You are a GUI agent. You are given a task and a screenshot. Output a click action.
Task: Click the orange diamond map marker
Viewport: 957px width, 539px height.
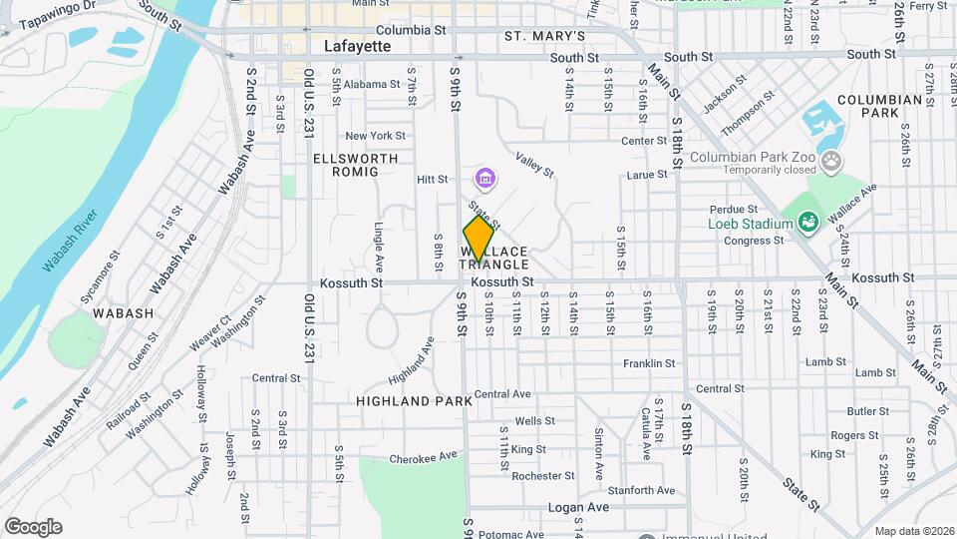pos(478,239)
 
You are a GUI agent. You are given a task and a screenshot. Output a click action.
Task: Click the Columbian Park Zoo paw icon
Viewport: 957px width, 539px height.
pos(830,161)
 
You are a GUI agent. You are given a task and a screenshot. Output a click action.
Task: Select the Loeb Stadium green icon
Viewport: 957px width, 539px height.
pos(807,223)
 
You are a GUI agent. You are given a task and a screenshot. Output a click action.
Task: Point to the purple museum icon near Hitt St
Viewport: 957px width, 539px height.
pos(485,180)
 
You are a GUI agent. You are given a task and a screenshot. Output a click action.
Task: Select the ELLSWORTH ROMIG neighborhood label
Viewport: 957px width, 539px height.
pos(355,165)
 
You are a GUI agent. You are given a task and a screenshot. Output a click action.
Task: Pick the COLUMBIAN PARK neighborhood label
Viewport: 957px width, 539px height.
pos(879,107)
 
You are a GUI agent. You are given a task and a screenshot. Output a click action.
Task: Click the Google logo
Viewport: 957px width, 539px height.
pos(33,526)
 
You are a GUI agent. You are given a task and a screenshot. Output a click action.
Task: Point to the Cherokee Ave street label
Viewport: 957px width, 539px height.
pos(423,458)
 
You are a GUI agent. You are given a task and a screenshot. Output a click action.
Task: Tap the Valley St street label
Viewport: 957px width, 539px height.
pos(535,165)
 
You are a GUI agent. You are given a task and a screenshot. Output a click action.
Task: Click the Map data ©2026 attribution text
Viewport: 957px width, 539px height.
pos(913,531)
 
